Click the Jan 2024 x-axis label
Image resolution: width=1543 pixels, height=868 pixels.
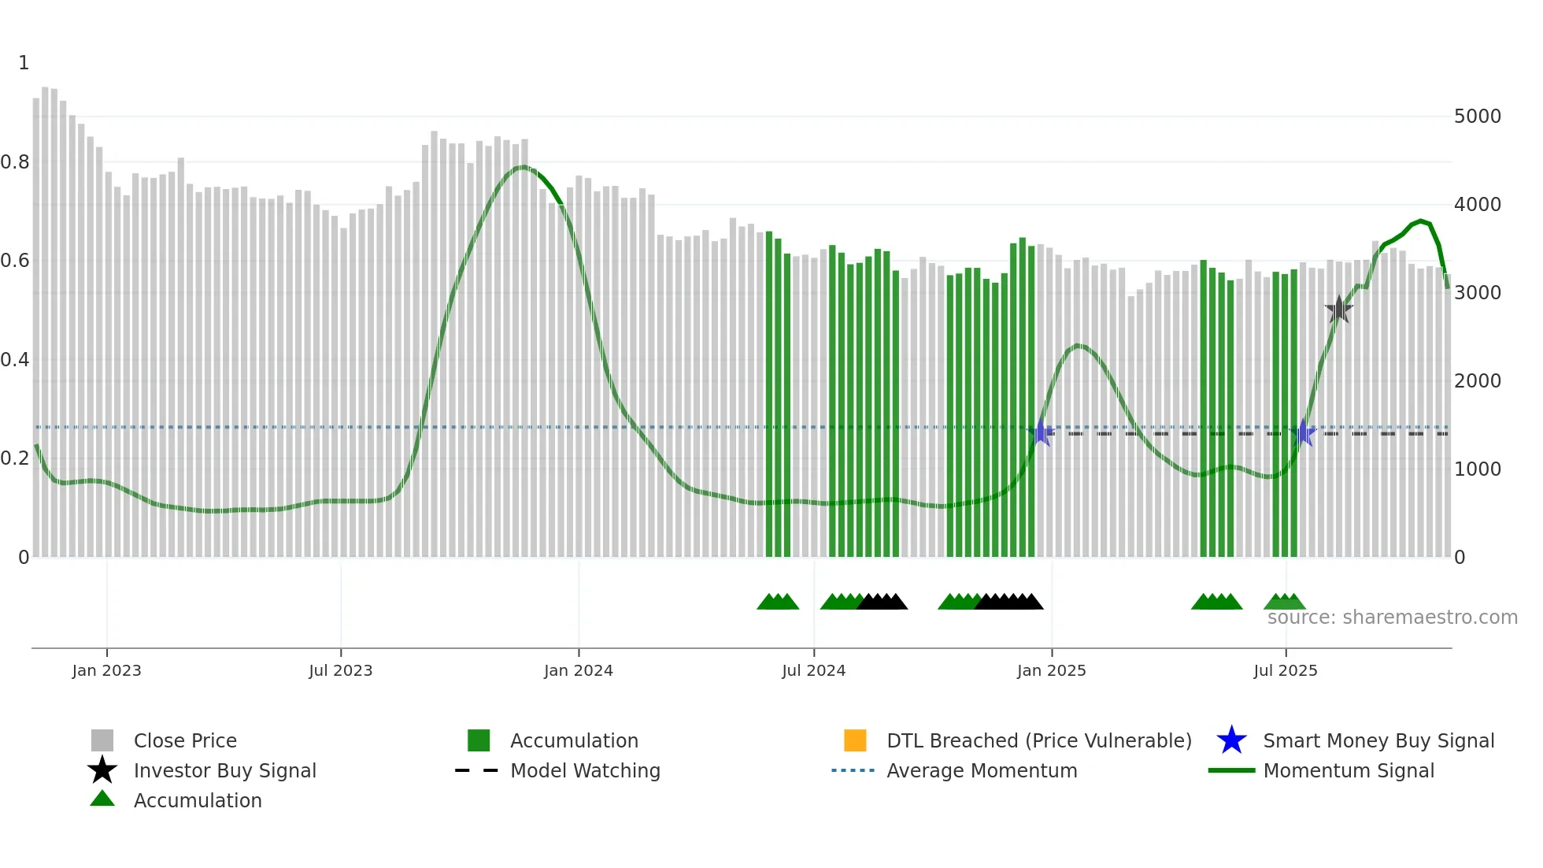pyautogui.click(x=578, y=670)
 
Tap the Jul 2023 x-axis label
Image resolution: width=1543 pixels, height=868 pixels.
pyautogui.click(x=340, y=670)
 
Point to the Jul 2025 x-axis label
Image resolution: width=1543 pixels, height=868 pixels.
pyautogui.click(x=1285, y=670)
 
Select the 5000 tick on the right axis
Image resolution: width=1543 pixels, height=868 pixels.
pyautogui.click(x=1478, y=117)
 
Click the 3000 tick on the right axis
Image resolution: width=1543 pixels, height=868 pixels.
pyautogui.click(x=1478, y=293)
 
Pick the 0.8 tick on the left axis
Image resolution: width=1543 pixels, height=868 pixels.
pyautogui.click(x=15, y=162)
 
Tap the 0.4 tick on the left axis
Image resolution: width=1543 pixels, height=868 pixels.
pyautogui.click(x=15, y=360)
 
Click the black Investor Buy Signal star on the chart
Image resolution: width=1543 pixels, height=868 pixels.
pyautogui.click(x=1338, y=310)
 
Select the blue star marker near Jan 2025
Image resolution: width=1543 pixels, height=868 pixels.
pyautogui.click(x=1041, y=432)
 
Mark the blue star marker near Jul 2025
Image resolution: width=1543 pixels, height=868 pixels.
pyautogui.click(x=1304, y=432)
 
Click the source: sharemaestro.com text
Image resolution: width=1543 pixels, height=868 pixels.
pyautogui.click(x=1392, y=618)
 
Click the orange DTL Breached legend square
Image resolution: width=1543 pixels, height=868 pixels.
pyautogui.click(x=855, y=740)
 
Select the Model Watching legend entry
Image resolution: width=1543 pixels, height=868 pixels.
pyautogui.click(x=584, y=770)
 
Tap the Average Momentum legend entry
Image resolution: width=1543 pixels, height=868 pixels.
pyautogui.click(x=981, y=770)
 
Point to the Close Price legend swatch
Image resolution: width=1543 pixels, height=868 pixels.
pyautogui.click(x=102, y=740)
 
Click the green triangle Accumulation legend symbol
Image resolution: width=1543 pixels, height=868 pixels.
pyautogui.click(x=102, y=799)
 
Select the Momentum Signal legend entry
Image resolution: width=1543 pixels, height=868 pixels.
pyautogui.click(x=1348, y=770)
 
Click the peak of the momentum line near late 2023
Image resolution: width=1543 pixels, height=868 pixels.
pyautogui.click(x=521, y=167)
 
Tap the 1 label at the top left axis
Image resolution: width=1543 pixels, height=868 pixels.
pyautogui.click(x=24, y=63)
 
